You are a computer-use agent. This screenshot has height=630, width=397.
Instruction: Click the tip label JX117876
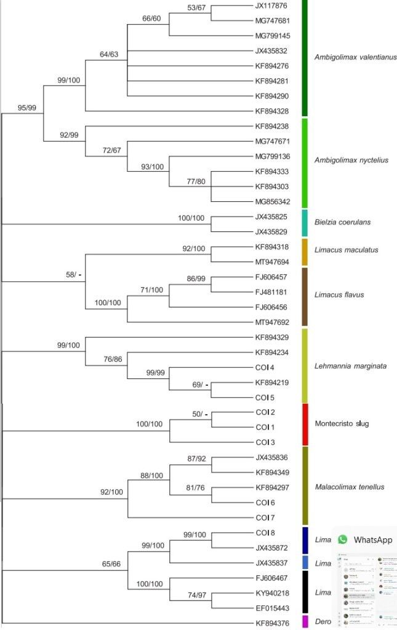pyautogui.click(x=271, y=6)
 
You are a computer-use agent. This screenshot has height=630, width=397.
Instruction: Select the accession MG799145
pyautogui.click(x=271, y=36)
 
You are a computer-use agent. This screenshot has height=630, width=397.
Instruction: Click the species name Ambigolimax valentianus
pyautogui.click(x=355, y=57)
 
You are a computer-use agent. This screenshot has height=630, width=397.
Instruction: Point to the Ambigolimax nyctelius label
pyautogui.click(x=351, y=161)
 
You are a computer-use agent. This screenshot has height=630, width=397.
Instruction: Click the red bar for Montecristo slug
pyautogui.click(x=305, y=424)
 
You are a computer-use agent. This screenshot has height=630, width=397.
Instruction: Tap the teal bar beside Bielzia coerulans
pyautogui.click(x=305, y=223)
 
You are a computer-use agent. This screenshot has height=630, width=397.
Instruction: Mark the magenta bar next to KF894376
pyautogui.click(x=305, y=621)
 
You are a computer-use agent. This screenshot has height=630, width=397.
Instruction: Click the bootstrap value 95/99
pyautogui.click(x=27, y=108)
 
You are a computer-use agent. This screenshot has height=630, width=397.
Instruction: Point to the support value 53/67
pyautogui.click(x=198, y=7)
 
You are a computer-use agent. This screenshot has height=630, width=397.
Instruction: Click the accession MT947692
pyautogui.click(x=271, y=322)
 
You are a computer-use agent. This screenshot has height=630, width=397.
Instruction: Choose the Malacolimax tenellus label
pyautogui.click(x=349, y=487)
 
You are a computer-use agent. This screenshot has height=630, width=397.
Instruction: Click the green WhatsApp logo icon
pyautogui.click(x=342, y=540)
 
